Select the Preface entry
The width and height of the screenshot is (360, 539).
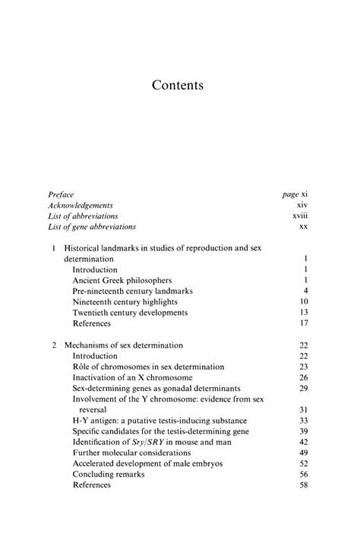pyautogui.click(x=60, y=194)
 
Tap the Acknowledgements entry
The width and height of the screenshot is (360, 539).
pyautogui.click(x=81, y=205)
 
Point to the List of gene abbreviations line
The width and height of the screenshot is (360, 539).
pyautogui.click(x=92, y=226)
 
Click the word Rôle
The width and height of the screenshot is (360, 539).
pyautogui.click(x=84, y=367)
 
